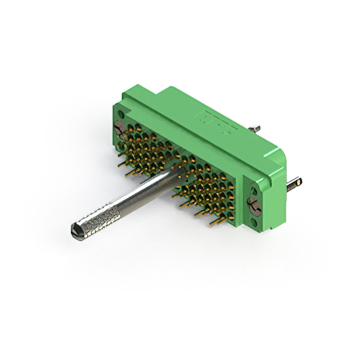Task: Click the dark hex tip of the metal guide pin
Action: coord(76,229)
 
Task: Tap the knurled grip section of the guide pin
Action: coord(101,217)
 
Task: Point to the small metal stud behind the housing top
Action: coord(256,129)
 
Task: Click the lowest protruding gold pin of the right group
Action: coord(214,222)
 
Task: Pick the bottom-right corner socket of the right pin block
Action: coord(231,210)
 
